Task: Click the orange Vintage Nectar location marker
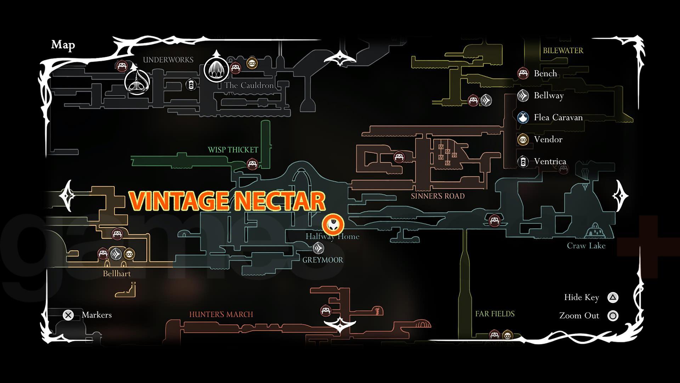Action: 333,224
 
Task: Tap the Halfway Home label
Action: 332,237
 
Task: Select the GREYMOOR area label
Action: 323,260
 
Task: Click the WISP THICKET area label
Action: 233,150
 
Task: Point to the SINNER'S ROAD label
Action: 438,196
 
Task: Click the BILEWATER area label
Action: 563,50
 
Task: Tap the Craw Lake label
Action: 586,246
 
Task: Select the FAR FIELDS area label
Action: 495,314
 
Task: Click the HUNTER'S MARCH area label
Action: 221,315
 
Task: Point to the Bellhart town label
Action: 117,274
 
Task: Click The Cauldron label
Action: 249,85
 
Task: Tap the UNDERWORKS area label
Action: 168,60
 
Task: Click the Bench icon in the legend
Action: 523,73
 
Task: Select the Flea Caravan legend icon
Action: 523,117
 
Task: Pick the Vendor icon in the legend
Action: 523,139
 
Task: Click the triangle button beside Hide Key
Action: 613,298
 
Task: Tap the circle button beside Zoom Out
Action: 613,316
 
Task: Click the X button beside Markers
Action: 68,315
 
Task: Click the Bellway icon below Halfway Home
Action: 318,248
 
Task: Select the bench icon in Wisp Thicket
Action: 252,164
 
